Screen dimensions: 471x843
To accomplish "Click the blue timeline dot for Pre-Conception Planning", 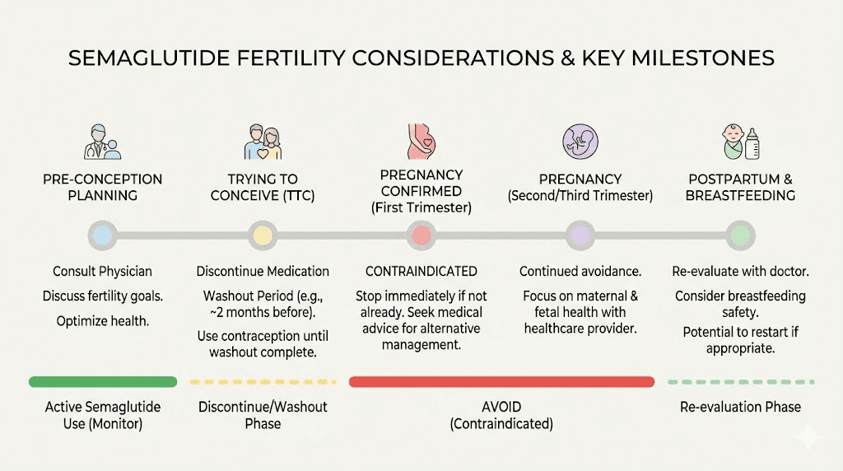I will point(102,236).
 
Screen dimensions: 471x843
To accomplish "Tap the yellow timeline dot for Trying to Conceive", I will point(262,236).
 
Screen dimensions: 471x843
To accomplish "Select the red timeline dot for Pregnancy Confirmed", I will point(421,236).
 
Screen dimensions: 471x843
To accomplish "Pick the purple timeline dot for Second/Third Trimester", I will point(580,236).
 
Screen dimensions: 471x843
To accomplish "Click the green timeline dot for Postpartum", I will point(740,236).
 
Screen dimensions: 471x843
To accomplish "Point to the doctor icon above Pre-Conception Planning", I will point(103,142).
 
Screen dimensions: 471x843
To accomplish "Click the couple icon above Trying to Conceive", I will point(263,142).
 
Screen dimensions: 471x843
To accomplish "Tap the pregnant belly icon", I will point(420,142).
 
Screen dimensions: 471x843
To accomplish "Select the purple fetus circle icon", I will point(580,142).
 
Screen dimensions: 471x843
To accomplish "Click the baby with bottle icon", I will point(740,142).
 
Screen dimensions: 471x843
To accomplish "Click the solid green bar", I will point(103,382).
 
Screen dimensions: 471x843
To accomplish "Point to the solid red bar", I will point(501,382).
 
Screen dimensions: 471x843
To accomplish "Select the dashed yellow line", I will point(263,382).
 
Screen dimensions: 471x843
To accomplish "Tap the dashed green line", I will point(740,382).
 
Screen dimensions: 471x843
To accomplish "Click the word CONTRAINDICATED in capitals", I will point(421,272).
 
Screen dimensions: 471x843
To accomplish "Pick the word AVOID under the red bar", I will point(501,408).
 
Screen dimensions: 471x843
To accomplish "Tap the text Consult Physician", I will point(102,272).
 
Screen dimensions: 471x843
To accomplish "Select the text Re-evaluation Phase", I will point(740,407).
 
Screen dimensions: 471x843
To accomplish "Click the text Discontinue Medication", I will point(263,272).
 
